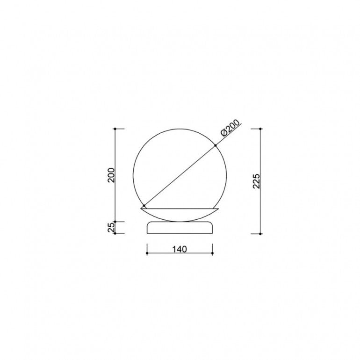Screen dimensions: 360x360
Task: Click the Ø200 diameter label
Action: coord(230,128)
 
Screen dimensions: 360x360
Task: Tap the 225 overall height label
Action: coord(256,181)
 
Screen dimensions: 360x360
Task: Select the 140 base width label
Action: coord(180,249)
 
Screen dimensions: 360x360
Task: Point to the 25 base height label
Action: coord(111,227)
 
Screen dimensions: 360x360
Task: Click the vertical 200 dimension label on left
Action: coord(111,175)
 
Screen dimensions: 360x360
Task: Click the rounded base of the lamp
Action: coord(180,228)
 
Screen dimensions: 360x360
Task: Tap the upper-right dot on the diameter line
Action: coord(216,145)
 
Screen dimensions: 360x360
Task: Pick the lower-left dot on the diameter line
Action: coord(144,206)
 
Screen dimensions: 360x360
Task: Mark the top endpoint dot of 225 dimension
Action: coord(260,129)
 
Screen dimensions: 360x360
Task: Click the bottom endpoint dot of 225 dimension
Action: coord(260,234)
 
